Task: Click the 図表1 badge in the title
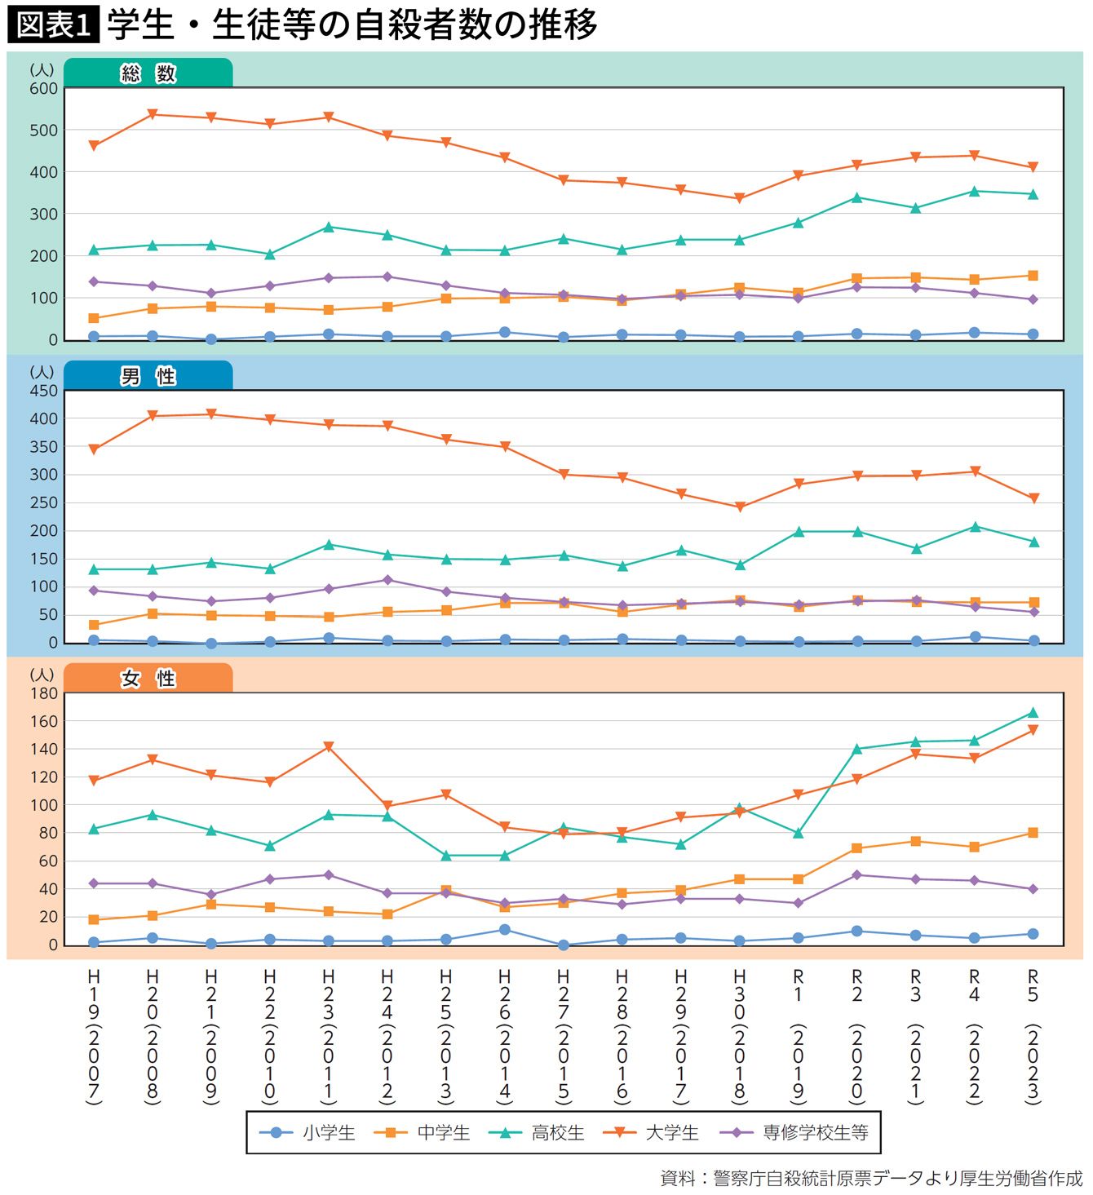[x=53, y=24]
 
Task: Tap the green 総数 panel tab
[x=148, y=73]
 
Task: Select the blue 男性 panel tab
[x=148, y=376]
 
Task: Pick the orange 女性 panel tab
[x=148, y=679]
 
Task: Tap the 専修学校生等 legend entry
[x=794, y=1132]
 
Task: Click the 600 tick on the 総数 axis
[x=43, y=88]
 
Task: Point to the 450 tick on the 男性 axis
[x=43, y=391]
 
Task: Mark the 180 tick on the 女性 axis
[x=43, y=693]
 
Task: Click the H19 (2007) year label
[x=94, y=1036]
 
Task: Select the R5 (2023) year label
[x=1033, y=1036]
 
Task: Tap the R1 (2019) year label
[x=799, y=1036]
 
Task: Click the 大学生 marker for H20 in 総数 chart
[x=153, y=114]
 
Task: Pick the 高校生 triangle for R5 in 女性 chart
[x=1033, y=713]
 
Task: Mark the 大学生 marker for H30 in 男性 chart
[x=740, y=507]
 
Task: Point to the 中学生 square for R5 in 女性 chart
[x=1033, y=833]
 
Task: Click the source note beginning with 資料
[x=871, y=1179]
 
